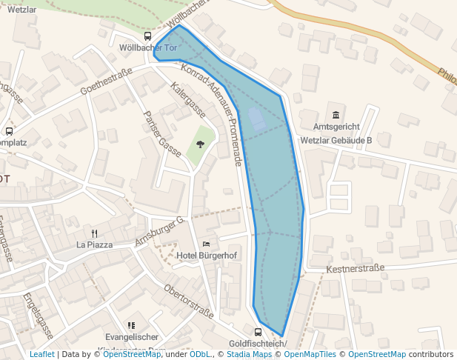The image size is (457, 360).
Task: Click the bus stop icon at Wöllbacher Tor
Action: [x=147, y=36]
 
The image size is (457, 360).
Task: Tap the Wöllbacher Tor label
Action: [x=148, y=48]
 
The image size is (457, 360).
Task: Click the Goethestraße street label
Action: [x=105, y=82]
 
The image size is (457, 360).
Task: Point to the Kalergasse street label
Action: [x=187, y=100]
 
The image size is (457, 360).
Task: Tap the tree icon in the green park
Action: [x=200, y=143]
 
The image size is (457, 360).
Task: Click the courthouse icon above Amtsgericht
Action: [x=336, y=115]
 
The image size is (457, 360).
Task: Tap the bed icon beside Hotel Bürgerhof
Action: [x=206, y=244]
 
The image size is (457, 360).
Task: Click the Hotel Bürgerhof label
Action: [x=206, y=256]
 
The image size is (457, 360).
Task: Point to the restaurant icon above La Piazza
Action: [x=94, y=232]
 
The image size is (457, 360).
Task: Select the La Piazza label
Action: [x=94, y=244]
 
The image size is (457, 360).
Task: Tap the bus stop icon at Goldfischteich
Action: [x=258, y=332]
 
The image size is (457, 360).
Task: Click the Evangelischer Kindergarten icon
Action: [x=131, y=324]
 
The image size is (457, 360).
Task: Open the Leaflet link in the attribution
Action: [x=41, y=355]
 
